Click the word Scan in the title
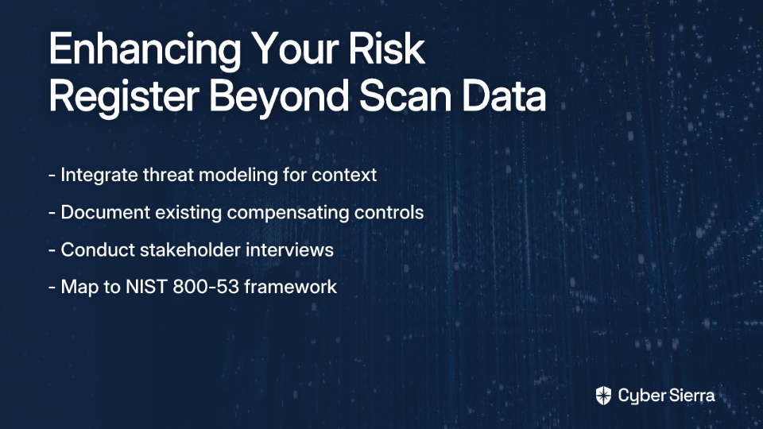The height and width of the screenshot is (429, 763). (x=406, y=95)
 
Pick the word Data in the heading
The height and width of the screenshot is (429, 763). (x=504, y=95)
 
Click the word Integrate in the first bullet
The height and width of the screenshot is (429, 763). (x=99, y=176)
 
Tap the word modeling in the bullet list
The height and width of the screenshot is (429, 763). (x=238, y=176)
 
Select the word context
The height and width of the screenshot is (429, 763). (x=344, y=175)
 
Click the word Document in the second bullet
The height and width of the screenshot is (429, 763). (x=105, y=212)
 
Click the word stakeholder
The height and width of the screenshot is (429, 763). (x=190, y=249)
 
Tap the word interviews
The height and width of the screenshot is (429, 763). (x=289, y=249)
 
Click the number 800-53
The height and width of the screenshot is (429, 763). (x=206, y=287)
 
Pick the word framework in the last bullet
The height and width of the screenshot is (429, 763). (x=290, y=287)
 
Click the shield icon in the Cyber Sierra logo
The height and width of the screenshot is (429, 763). (x=603, y=396)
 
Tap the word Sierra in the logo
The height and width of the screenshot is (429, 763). (x=690, y=395)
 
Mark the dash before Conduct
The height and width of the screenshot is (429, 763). (x=52, y=251)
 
